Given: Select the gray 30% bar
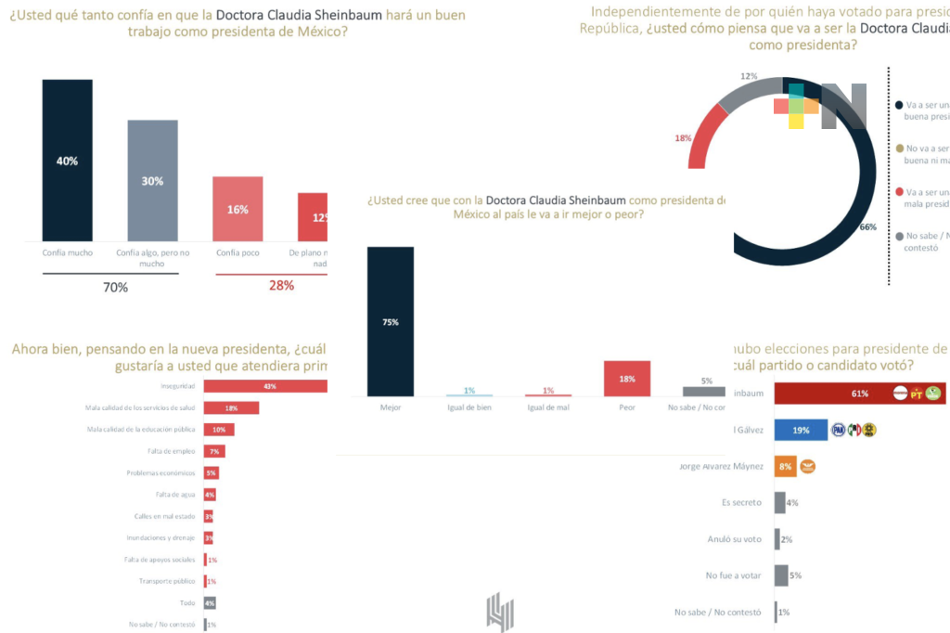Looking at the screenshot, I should (x=152, y=181).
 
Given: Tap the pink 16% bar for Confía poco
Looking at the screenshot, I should (x=237, y=210).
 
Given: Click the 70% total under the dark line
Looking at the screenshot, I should (x=115, y=288).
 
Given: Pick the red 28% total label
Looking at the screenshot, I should (x=281, y=286).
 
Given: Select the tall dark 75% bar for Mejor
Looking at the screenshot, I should (x=391, y=322).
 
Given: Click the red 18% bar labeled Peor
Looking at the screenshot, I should (x=626, y=379).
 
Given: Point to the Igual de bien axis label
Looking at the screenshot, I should (x=469, y=407).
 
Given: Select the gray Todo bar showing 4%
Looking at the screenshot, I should (x=209, y=602).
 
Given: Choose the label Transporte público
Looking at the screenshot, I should (x=167, y=581).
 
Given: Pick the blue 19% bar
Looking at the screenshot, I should (x=801, y=430).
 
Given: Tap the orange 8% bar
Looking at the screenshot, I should (x=786, y=466).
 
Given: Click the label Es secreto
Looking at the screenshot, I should (x=740, y=502).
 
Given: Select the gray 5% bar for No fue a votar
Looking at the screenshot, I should (x=781, y=575).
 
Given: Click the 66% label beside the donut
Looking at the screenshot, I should (x=867, y=227).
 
